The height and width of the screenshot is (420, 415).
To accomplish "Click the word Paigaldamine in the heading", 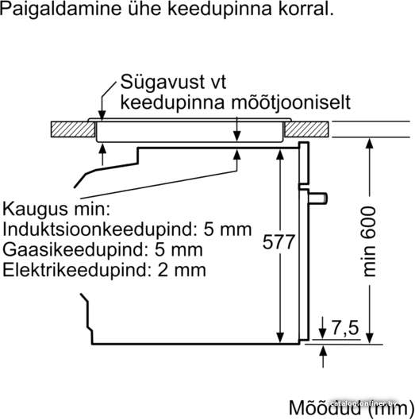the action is [x=61, y=9].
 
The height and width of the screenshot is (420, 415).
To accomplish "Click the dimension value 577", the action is [x=279, y=241].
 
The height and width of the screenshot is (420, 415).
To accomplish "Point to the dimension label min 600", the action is [x=369, y=241].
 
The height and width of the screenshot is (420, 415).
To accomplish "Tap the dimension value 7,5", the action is [x=345, y=327].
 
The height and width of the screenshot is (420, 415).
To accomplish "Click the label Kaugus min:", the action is [x=56, y=209].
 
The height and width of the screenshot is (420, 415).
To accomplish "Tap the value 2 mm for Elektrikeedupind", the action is [x=182, y=270].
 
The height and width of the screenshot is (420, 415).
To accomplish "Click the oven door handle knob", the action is [x=318, y=198].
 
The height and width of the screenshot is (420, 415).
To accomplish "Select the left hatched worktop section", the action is [x=73, y=129].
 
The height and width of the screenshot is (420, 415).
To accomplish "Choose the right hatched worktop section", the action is [x=306, y=129].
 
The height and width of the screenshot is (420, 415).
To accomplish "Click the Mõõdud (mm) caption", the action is [x=352, y=409].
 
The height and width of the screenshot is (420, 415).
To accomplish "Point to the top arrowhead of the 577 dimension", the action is [x=280, y=155].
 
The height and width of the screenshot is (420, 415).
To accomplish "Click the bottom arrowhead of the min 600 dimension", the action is [x=370, y=337].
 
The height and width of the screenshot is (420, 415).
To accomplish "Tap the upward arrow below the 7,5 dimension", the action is [x=323, y=356].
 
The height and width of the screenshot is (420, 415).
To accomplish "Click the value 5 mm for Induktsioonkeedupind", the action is [x=228, y=229].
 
